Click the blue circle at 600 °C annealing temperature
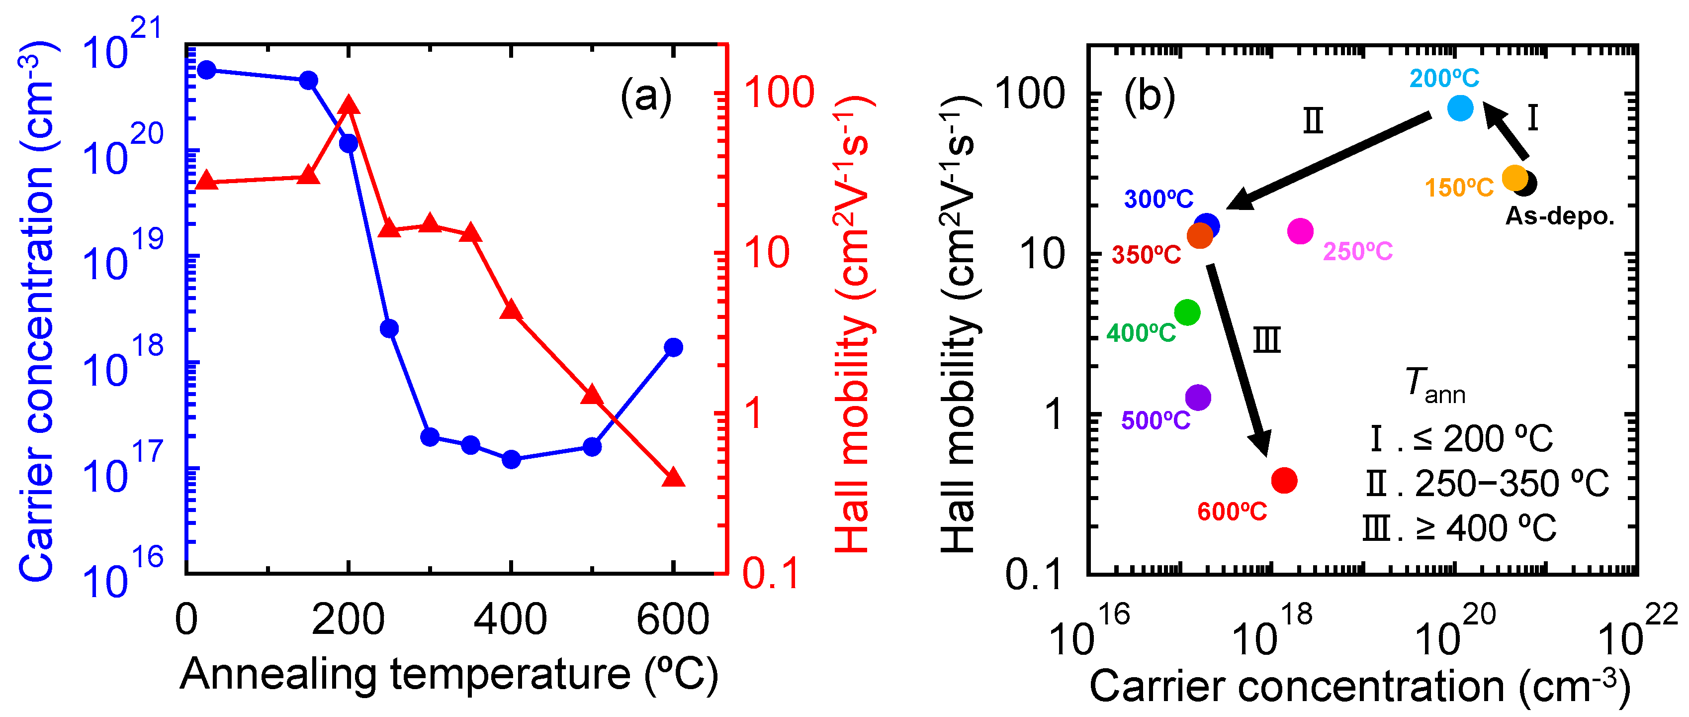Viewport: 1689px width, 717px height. (x=673, y=347)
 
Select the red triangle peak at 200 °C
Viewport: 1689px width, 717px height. (x=348, y=105)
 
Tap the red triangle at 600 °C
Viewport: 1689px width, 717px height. (x=673, y=478)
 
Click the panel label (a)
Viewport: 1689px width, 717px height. (x=646, y=97)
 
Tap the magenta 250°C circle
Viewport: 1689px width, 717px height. (x=1300, y=231)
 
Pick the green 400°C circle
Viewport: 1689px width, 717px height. (x=1187, y=312)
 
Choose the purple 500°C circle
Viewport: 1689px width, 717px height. (x=1198, y=397)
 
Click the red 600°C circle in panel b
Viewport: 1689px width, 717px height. (x=1284, y=480)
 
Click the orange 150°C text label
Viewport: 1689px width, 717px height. (x=1459, y=188)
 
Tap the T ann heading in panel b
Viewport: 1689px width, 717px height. (x=1434, y=386)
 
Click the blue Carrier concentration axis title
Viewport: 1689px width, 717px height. (x=37, y=311)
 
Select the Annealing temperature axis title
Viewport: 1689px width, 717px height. (x=449, y=674)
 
